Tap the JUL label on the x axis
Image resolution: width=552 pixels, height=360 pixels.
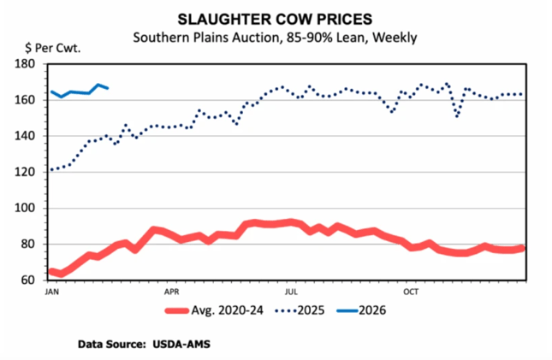tap(291, 291)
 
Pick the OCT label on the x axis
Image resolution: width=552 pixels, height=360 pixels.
tap(411, 291)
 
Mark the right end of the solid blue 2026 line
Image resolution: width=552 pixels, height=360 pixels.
tap(107, 88)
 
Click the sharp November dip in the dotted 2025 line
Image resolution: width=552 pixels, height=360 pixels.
tap(458, 116)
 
